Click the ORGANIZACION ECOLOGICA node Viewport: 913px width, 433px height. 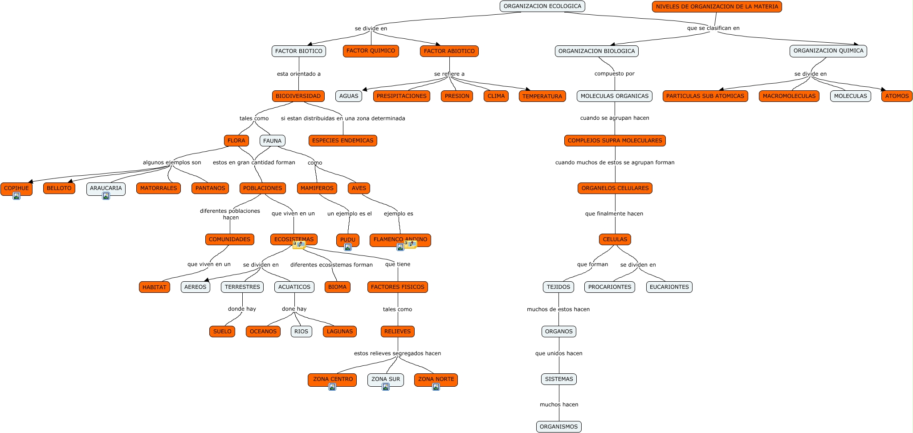pyautogui.click(x=542, y=6)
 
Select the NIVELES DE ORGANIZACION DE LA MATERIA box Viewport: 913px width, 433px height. pyautogui.click(x=717, y=7)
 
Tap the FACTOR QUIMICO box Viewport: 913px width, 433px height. pyautogui.click(x=371, y=51)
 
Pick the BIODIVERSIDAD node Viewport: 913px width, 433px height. pyautogui.click(x=298, y=96)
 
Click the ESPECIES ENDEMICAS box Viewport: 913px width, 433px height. pyautogui.click(x=342, y=141)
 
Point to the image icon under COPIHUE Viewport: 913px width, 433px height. pyautogui.click(x=16, y=196)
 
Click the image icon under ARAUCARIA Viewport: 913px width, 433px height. pyautogui.click(x=106, y=196)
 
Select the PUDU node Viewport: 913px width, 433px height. pyautogui.click(x=347, y=239)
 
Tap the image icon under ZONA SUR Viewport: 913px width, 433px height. pyautogui.click(x=386, y=387)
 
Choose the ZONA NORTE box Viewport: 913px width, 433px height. pyautogui.click(x=436, y=379)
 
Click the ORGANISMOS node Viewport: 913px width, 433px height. pyautogui.click(x=558, y=427)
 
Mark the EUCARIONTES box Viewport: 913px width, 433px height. pyautogui.click(x=669, y=287)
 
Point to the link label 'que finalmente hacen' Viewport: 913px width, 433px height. pyautogui.click(x=614, y=214)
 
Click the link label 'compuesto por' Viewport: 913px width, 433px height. pyautogui.click(x=614, y=74)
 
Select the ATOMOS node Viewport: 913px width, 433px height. pyautogui.click(x=897, y=96)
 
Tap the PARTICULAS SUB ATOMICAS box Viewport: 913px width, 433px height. pyautogui.click(x=705, y=96)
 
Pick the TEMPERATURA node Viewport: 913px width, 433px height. pyautogui.click(x=542, y=96)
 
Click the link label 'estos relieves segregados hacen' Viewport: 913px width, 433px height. pyautogui.click(x=397, y=353)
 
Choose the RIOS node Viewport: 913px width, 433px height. pyautogui.click(x=301, y=332)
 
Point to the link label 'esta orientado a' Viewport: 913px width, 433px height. pyautogui.click(x=298, y=74)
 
